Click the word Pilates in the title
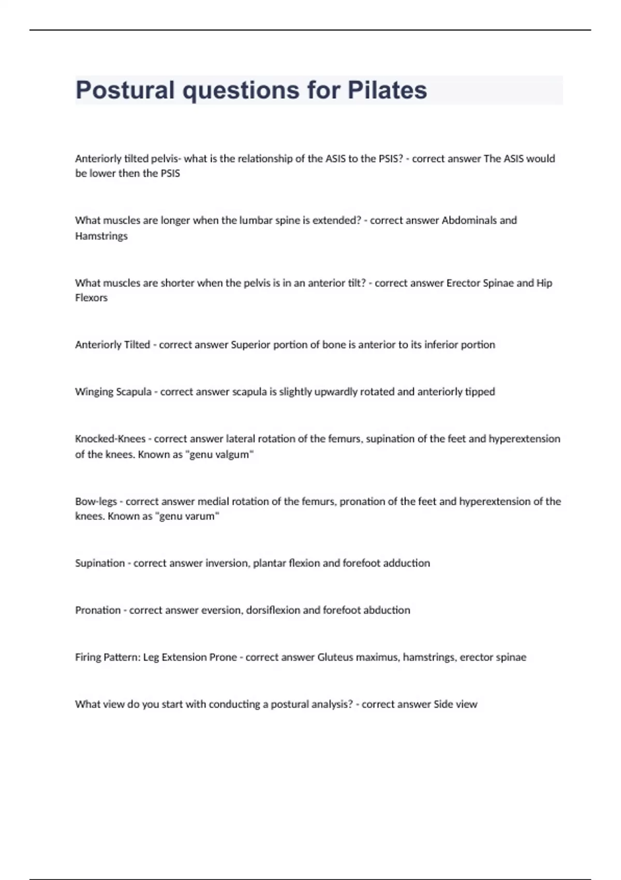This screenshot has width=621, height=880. [387, 90]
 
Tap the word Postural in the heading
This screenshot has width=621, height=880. [125, 90]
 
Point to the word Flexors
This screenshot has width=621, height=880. [91, 298]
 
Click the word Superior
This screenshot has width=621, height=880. [250, 345]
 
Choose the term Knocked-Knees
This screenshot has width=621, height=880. [110, 439]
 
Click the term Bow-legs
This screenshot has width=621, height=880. [96, 501]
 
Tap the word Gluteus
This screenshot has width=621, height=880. [334, 657]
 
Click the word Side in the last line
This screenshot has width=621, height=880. [443, 705]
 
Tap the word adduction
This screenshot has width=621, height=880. [406, 563]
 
